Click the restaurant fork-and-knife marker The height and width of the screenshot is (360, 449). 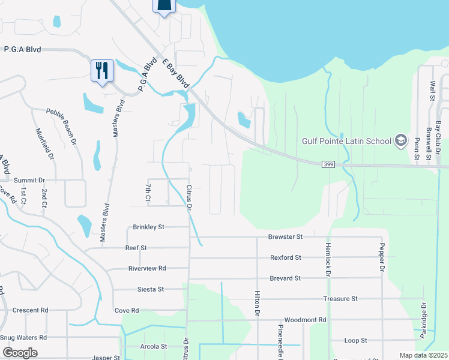[x=101, y=71]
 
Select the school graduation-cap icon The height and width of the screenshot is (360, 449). [x=400, y=142]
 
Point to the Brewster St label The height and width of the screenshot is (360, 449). [x=285, y=237]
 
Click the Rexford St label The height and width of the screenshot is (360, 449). [x=285, y=257]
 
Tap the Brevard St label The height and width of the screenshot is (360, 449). [x=285, y=278]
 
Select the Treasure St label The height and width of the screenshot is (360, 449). [x=340, y=298]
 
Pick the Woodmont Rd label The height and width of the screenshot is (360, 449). [x=305, y=320]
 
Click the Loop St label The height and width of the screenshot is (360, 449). [x=356, y=340]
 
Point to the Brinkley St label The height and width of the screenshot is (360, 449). [x=149, y=227]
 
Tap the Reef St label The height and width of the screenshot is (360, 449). [x=136, y=247]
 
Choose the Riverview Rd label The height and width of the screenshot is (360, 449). [x=147, y=268]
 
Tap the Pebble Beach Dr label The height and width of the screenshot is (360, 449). [x=62, y=127]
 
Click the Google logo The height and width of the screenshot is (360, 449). [x=19, y=353]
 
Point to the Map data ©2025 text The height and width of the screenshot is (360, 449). [x=423, y=355]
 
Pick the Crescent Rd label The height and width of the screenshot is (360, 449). [x=30, y=310]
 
